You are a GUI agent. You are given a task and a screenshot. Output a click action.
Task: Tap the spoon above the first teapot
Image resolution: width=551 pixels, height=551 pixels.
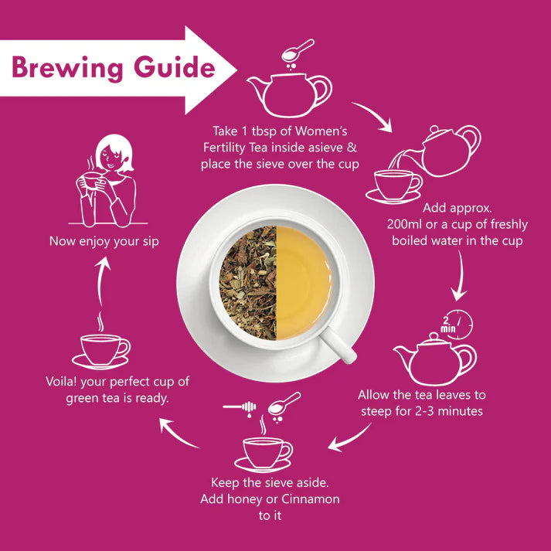pyautogui.click(x=298, y=51)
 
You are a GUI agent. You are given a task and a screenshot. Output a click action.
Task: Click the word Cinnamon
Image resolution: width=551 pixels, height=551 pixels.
pyautogui.click(x=307, y=499)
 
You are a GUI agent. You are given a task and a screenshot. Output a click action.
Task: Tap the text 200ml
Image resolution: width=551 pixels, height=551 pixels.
pyautogui.click(x=409, y=224)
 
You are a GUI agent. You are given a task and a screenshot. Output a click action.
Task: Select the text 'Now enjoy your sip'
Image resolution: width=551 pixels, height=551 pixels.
pyautogui.click(x=104, y=241)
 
